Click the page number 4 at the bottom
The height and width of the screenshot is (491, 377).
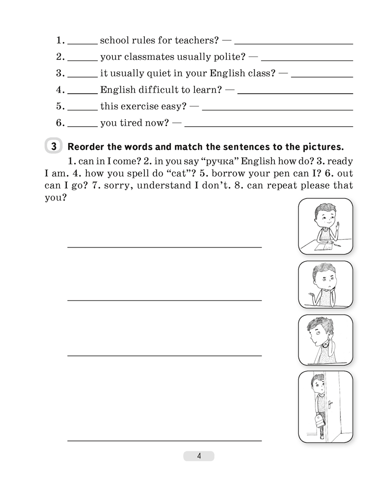[199, 456]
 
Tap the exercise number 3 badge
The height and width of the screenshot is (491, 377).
[54, 146]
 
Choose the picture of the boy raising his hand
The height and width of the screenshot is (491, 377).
[325, 226]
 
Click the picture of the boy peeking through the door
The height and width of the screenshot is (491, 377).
[325, 407]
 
